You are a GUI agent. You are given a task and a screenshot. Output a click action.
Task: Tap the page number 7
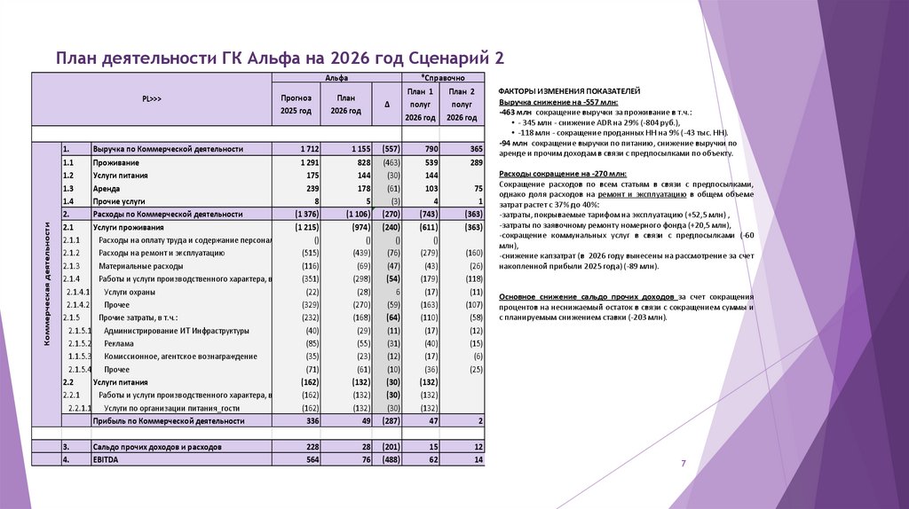(x=684, y=464)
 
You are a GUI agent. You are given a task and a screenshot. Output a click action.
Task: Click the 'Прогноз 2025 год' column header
(x=296, y=105)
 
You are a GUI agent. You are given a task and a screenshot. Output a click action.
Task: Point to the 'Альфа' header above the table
(x=336, y=79)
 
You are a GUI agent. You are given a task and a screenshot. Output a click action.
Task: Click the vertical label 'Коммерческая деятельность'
(x=45, y=285)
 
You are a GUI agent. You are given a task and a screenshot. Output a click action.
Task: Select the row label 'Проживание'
(x=115, y=163)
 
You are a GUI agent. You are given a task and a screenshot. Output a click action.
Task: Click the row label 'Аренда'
(x=106, y=189)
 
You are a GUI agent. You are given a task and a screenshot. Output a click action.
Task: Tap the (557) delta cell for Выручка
(x=387, y=149)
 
